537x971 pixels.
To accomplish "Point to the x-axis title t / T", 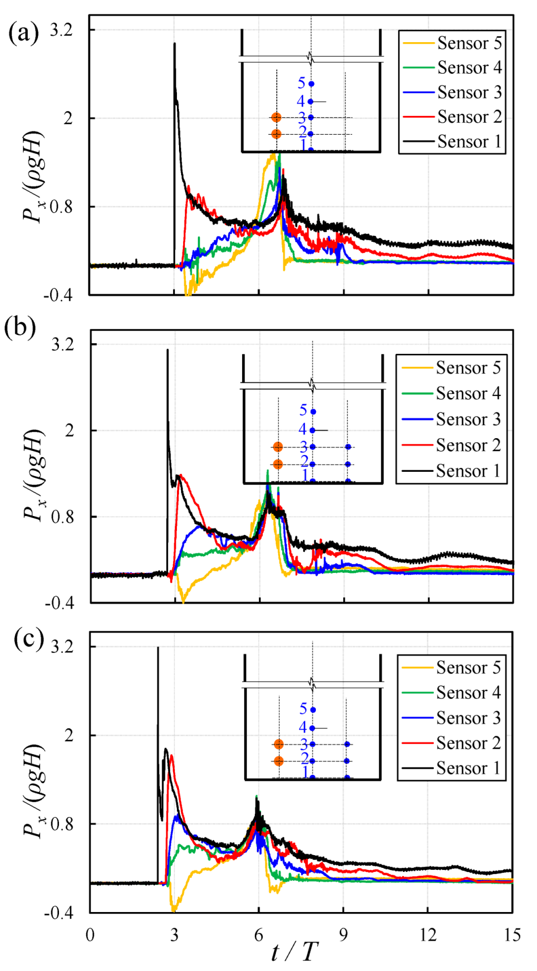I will coord(295,952).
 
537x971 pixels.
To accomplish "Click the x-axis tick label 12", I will coord(427,935).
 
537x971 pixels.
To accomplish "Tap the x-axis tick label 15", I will coord(512,935).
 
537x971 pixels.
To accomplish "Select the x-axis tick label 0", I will coord(90,935).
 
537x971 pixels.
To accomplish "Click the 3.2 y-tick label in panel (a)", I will coord(61,30).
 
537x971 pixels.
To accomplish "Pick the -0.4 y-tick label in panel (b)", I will coord(59,603).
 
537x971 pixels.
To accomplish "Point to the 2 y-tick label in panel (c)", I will coord(68,735).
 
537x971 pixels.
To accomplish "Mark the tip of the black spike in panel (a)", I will coord(174,44).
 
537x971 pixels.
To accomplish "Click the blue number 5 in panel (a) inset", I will coord(302,83).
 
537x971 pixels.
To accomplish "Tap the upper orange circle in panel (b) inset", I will coord(278,447).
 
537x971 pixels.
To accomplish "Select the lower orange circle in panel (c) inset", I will coord(279,761).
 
